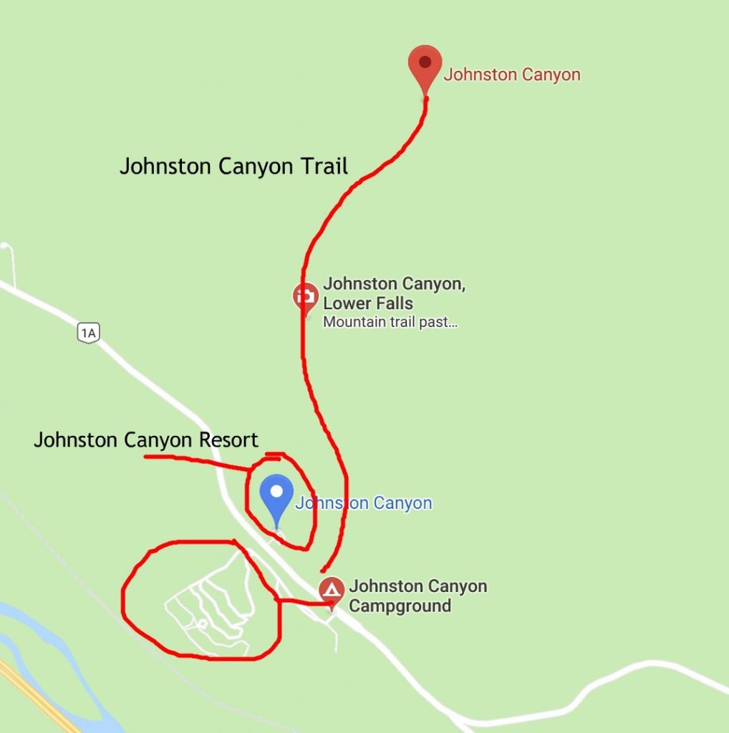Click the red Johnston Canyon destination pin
pos(425,66)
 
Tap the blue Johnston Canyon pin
pos(276,498)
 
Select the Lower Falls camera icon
pos(306,296)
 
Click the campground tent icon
pos(330,590)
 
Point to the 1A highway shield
pos(88,332)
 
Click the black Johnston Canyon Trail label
pos(233,167)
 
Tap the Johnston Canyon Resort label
pos(146,440)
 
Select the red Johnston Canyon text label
pos(512,74)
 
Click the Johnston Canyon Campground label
pos(418,596)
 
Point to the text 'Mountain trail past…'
pos(390,322)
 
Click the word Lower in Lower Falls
pos(347,304)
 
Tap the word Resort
pos(227,440)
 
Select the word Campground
pos(400,606)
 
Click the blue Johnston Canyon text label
pos(364,503)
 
